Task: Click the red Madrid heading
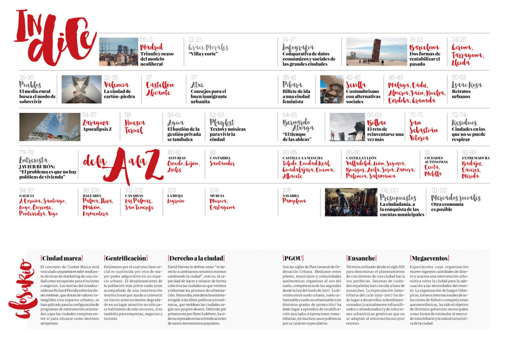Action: pos(152,47)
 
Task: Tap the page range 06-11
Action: pos(147,40)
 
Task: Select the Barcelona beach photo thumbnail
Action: pos(376,52)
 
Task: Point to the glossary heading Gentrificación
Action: pos(126,258)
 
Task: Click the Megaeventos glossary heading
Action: pos(429,258)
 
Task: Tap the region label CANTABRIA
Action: pos(220,158)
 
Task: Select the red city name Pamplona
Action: pos(294,201)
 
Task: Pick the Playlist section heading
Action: pos(222,122)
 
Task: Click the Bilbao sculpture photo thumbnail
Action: pos(346,127)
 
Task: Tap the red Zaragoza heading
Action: pos(96,122)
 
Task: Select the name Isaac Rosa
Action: pos(467,85)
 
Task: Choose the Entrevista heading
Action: pos(34,160)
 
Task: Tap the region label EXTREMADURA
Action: pos(476,158)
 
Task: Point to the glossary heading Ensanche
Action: pos(361,258)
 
